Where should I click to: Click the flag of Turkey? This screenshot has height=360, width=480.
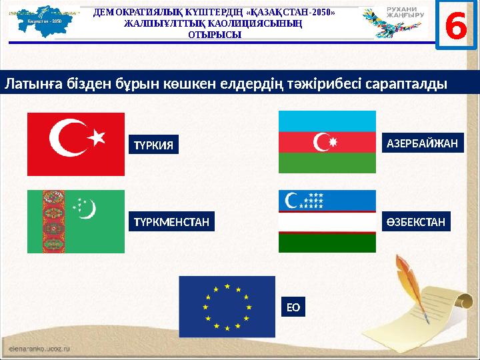pyautogui.click(x=75, y=144)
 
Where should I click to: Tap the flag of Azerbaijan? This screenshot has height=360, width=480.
pyautogui.click(x=327, y=142)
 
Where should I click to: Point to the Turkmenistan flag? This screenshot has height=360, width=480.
pyautogui.click(x=75, y=221)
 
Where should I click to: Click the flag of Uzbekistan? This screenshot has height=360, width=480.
pyautogui.click(x=327, y=221)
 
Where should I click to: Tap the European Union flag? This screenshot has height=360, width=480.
pyautogui.click(x=227, y=307)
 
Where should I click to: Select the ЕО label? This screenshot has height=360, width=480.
pyautogui.click(x=293, y=307)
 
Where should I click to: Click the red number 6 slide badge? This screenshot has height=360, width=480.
pyautogui.click(x=455, y=25)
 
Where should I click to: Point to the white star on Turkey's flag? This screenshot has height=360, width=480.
pyautogui.click(x=98, y=137)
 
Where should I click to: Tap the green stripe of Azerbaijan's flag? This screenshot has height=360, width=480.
pyautogui.click(x=327, y=163)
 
